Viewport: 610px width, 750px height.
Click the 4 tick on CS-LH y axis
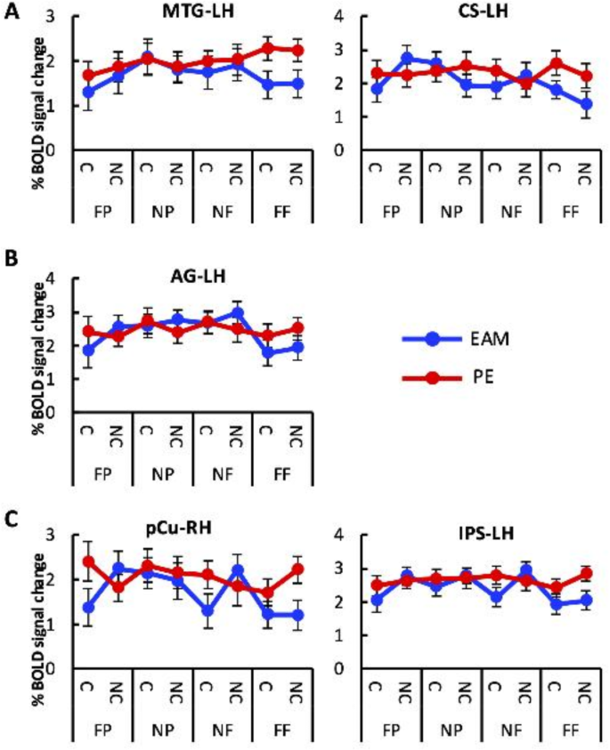coord(341,16)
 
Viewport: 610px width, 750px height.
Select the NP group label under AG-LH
coord(161,472)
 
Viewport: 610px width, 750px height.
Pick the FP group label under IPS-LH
coord(392,729)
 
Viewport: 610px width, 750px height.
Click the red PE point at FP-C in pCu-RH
coord(87,561)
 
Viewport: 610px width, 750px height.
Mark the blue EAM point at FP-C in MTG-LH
coord(87,92)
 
